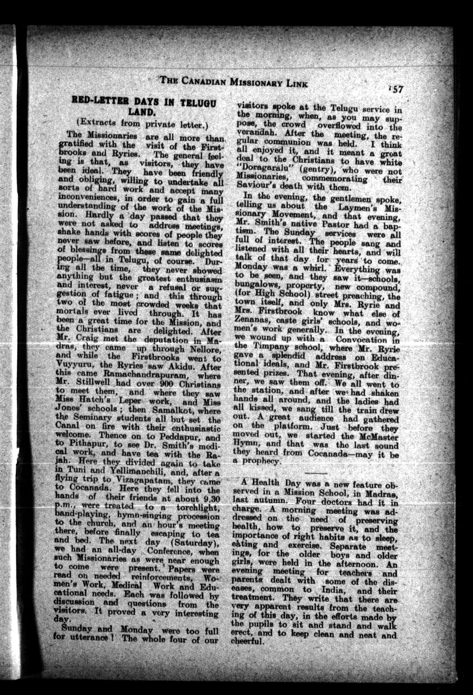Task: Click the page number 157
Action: tap(395, 90)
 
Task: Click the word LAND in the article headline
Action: tap(143, 112)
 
